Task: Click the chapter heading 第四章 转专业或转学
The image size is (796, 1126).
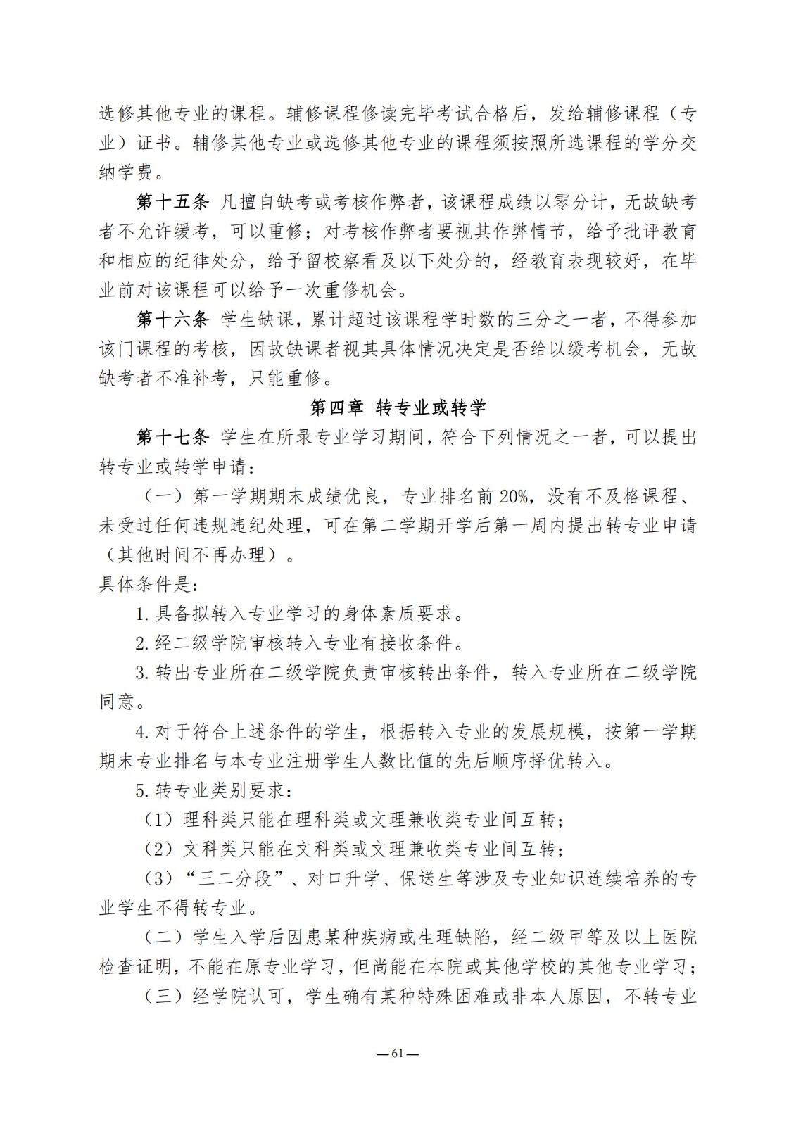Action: tap(398, 407)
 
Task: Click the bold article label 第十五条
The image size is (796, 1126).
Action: tap(172, 203)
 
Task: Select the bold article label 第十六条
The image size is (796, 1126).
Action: tap(172, 320)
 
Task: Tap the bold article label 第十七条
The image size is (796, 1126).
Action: tap(172, 437)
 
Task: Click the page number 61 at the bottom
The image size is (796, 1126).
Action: tap(398, 1054)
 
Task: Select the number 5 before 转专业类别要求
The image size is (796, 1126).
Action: tap(140, 790)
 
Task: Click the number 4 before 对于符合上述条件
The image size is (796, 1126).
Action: tap(140, 732)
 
